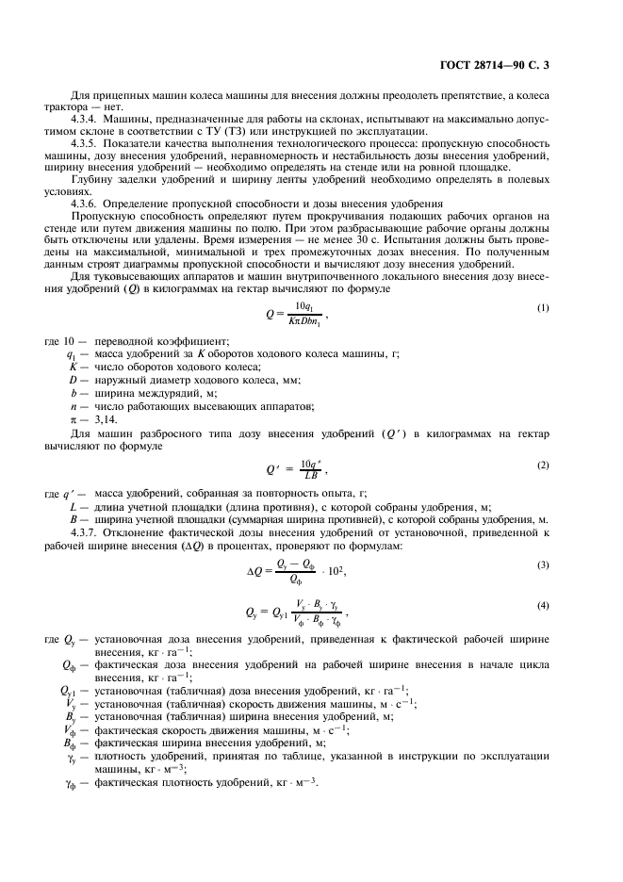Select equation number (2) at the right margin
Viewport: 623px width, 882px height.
(x=543, y=465)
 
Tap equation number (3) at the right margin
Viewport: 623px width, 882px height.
(x=543, y=564)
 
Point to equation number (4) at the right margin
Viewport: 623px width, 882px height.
(x=543, y=606)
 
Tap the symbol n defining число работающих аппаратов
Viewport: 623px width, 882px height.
(x=73, y=405)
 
